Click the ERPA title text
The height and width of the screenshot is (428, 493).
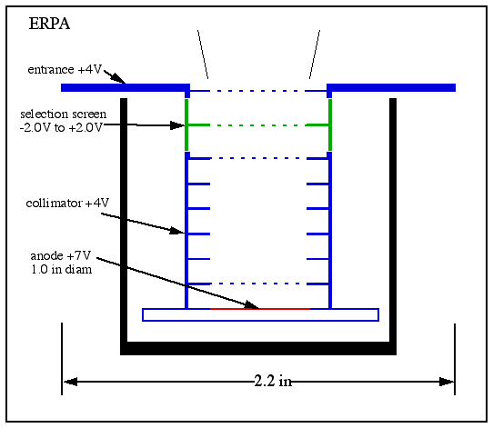tap(49, 24)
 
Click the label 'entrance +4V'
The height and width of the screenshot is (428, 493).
tap(65, 69)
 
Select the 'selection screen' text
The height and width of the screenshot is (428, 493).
tap(64, 114)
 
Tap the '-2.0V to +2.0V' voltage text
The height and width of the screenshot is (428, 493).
tap(61, 128)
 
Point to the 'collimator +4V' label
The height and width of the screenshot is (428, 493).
tap(67, 204)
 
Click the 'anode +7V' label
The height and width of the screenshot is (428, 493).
tap(61, 256)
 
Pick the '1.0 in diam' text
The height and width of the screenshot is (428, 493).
tap(62, 269)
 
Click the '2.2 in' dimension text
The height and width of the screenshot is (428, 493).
tap(273, 382)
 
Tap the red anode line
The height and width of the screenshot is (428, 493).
tap(260, 309)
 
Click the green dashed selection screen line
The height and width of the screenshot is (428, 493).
tap(258, 125)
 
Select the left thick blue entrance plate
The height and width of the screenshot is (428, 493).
tap(126, 87)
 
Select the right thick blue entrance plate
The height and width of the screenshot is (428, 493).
tap(391, 87)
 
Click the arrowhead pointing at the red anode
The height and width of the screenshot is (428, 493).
tap(252, 304)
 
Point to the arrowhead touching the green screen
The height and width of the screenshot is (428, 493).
tap(177, 125)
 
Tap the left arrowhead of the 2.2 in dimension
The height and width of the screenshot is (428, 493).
tap(70, 382)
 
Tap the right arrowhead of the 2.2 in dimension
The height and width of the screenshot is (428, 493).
tap(447, 382)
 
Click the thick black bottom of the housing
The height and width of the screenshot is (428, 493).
tap(258, 349)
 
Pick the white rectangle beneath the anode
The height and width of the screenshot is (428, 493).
tap(260, 315)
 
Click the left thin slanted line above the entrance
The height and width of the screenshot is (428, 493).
tap(203, 55)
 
